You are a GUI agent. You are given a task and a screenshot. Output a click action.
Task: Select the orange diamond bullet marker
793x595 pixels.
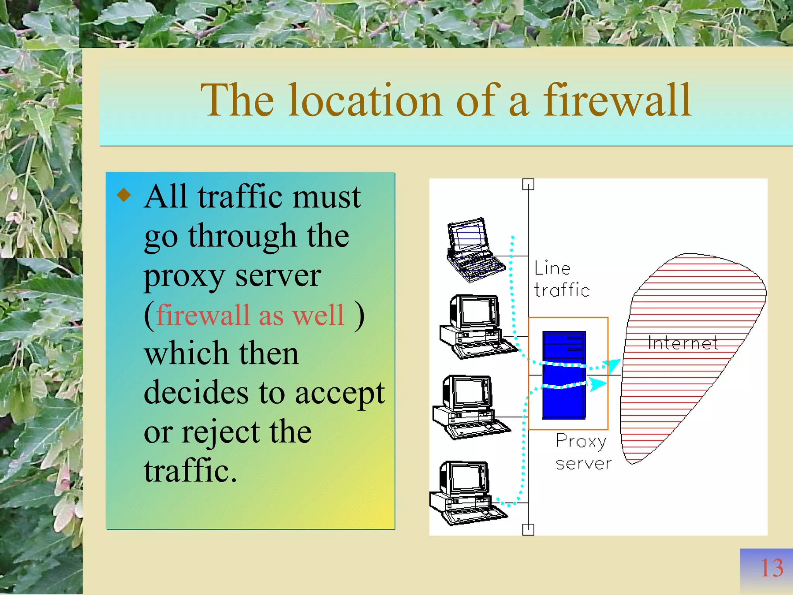tap(124, 195)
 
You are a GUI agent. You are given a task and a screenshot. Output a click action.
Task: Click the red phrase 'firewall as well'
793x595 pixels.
tap(250, 315)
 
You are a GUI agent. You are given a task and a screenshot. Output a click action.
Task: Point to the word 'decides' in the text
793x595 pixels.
tap(196, 393)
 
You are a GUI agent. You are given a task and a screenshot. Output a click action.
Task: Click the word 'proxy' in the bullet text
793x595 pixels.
tap(184, 277)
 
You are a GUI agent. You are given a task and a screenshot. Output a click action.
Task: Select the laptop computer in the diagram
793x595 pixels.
tap(474, 250)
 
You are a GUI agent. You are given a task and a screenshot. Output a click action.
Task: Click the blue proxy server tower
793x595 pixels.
tap(564, 375)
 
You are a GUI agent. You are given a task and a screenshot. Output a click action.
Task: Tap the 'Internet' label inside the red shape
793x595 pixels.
tap(683, 343)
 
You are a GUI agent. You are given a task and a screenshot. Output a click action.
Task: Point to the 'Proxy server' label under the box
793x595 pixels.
tap(583, 452)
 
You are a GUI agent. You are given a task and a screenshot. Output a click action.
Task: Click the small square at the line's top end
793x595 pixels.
tap(528, 185)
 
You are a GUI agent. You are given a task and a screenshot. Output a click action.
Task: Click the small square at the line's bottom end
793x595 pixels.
tap(528, 529)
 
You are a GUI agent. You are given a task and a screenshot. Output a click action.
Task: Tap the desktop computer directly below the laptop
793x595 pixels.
tap(476, 327)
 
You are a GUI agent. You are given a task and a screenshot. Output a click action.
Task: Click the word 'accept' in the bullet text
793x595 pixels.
tap(340, 394)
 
